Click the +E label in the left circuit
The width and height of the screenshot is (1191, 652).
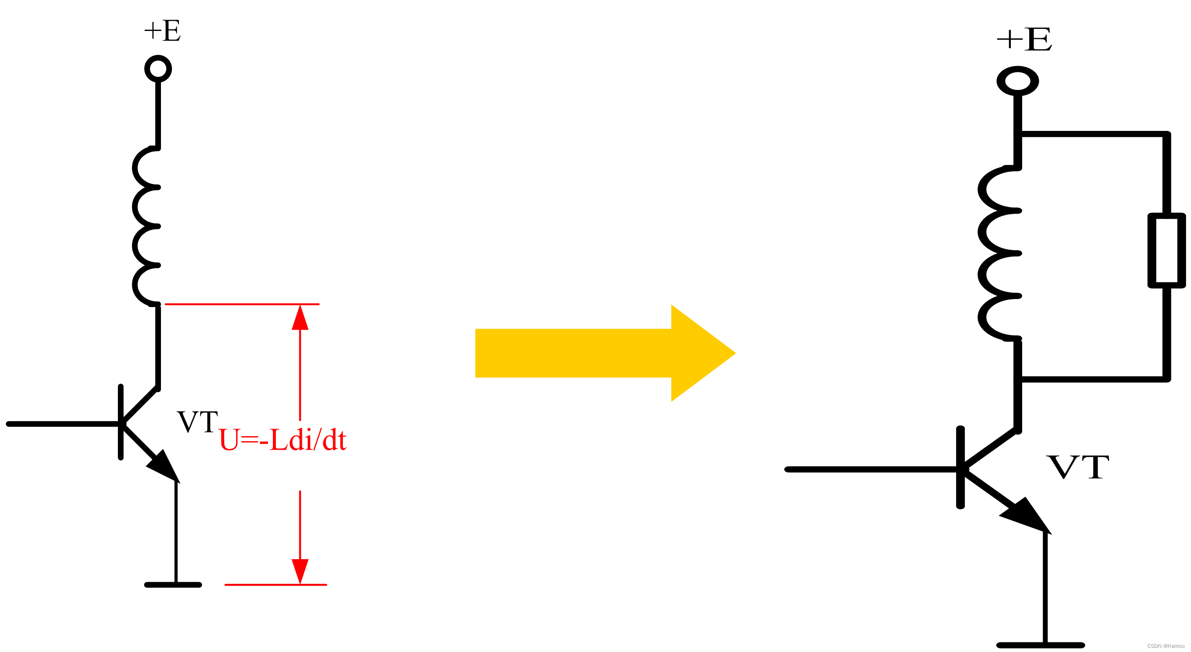click(162, 31)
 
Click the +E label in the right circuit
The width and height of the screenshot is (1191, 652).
click(1024, 39)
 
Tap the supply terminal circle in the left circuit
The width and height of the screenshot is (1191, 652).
click(158, 69)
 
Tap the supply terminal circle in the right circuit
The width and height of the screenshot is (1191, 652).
click(1018, 81)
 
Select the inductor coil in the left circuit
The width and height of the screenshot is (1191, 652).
click(145, 226)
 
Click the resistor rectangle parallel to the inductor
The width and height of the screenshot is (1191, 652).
click(1166, 250)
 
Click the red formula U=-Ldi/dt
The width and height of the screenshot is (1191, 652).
click(283, 440)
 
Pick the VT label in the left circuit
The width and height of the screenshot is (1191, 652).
click(197, 422)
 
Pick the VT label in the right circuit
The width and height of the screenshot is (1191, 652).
click(1078, 467)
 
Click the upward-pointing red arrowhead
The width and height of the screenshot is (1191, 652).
click(300, 318)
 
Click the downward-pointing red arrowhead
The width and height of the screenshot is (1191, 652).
click(300, 572)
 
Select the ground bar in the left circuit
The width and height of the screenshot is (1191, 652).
click(173, 585)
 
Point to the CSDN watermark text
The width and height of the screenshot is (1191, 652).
click(1165, 646)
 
